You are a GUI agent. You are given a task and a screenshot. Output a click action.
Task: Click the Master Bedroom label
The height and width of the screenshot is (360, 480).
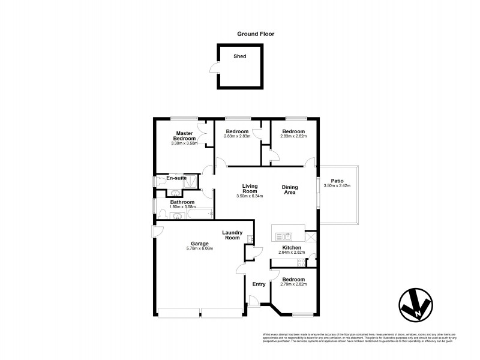(183, 136)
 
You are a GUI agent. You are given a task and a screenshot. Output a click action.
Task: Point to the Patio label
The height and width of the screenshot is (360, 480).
(337, 180)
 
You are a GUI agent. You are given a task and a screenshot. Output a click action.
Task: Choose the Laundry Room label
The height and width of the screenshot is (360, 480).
(232, 235)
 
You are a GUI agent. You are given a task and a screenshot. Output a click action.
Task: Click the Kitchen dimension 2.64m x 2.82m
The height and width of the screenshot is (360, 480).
(292, 253)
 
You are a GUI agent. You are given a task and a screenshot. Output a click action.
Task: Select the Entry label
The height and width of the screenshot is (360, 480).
(259, 284)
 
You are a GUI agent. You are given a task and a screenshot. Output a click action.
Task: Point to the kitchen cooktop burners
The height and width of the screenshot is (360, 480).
(311, 237)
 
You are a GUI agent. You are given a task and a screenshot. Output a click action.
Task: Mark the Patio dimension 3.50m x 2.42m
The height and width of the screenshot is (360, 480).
(337, 186)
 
